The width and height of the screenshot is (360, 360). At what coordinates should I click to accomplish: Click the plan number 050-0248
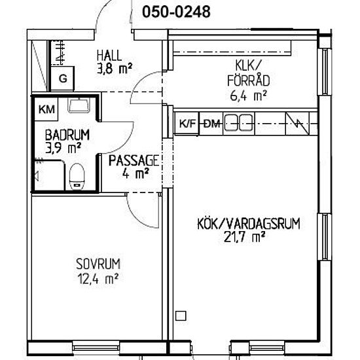pos(176,12)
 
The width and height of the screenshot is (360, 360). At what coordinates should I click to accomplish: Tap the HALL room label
pos(109,56)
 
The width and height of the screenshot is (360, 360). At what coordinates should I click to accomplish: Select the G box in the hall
pos(62,79)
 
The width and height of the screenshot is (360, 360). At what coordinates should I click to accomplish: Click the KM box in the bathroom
pos(46,109)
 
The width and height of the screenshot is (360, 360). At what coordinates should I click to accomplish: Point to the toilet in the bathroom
pos(77,176)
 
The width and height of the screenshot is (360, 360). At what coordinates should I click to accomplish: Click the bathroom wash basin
pos(79,105)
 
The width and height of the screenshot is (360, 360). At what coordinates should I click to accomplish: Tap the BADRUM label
pos(67,135)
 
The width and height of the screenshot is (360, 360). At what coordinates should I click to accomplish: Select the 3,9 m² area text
pos(63,148)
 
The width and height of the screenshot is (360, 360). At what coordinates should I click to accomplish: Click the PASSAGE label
pos(134,160)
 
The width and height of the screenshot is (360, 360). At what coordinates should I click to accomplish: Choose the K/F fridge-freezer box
pos(187,124)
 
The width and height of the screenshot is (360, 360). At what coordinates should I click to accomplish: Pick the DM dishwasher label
pos(211,124)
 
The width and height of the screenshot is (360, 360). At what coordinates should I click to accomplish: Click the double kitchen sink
pos(238,123)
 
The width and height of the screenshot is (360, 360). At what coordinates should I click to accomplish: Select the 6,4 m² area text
pos(249,96)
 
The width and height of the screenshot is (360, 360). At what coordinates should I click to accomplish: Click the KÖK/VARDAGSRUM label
pos(249,223)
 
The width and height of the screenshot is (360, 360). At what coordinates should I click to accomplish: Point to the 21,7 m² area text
pos(244,237)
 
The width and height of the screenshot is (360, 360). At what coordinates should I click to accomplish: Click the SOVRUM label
pos(98,264)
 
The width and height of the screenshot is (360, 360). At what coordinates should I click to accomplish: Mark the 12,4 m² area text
pos(98,278)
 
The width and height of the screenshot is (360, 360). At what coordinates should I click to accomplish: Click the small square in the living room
pos(181,315)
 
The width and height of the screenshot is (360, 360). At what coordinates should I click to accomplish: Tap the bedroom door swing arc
pos(136,217)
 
